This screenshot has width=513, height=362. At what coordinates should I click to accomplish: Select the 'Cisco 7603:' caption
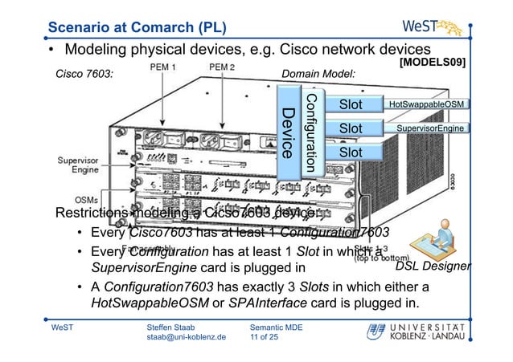tap(84, 75)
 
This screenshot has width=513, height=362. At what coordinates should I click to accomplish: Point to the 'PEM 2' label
tap(222, 70)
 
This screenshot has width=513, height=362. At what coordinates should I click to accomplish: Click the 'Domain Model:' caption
tap(319, 75)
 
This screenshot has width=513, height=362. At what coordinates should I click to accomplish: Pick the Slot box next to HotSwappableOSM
tap(350, 104)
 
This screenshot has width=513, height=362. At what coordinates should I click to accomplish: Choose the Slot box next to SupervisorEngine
tap(350, 128)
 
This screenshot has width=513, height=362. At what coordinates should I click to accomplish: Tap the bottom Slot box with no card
tap(350, 153)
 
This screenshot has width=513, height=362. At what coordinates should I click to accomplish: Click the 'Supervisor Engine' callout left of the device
tap(78, 165)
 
